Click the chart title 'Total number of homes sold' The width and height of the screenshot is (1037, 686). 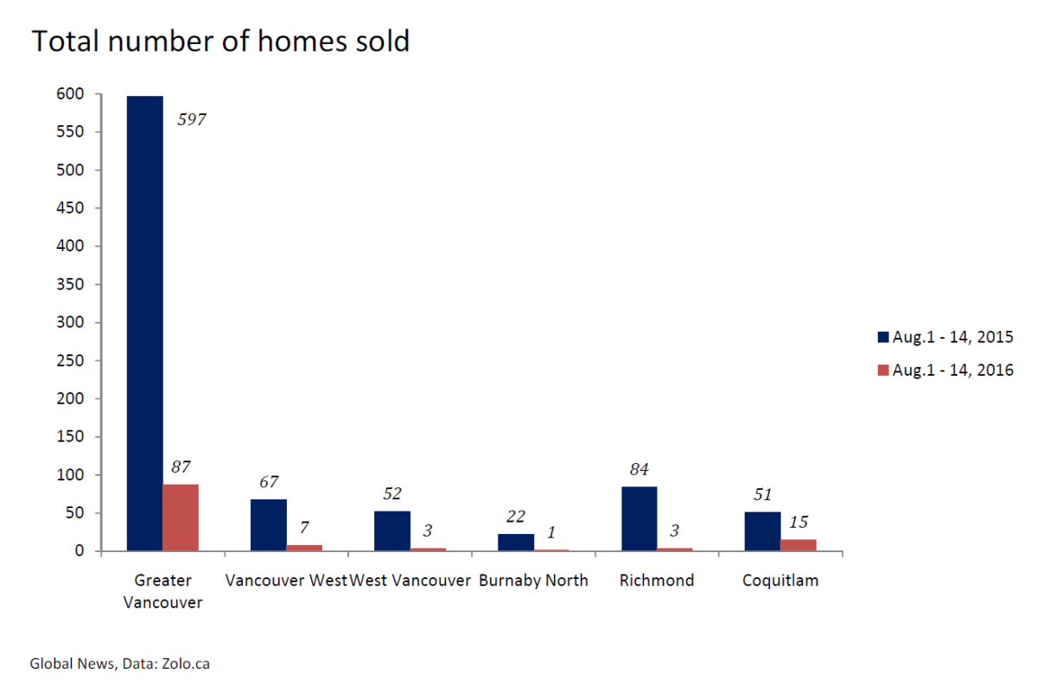click(220, 41)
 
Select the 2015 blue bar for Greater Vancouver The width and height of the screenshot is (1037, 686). click(144, 323)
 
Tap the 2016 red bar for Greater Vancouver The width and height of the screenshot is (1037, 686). click(181, 518)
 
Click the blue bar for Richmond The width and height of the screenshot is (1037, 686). click(639, 518)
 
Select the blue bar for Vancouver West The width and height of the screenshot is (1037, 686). click(268, 524)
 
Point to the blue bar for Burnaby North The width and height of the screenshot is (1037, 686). click(515, 542)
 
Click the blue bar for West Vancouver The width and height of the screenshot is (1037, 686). click(391, 530)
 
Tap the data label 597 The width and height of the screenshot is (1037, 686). click(192, 121)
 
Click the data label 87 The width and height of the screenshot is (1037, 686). click(181, 467)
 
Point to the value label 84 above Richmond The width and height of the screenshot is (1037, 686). click(639, 470)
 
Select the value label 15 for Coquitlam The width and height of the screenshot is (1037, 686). click(798, 522)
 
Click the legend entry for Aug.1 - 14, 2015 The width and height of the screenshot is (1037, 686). click(945, 337)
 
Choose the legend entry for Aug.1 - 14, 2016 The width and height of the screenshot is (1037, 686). click(945, 370)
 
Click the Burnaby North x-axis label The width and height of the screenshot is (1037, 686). click(533, 581)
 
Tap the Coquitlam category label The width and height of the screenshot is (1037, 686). click(780, 581)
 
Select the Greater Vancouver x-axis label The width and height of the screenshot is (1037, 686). click(162, 591)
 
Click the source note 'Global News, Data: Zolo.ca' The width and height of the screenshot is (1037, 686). click(120, 664)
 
